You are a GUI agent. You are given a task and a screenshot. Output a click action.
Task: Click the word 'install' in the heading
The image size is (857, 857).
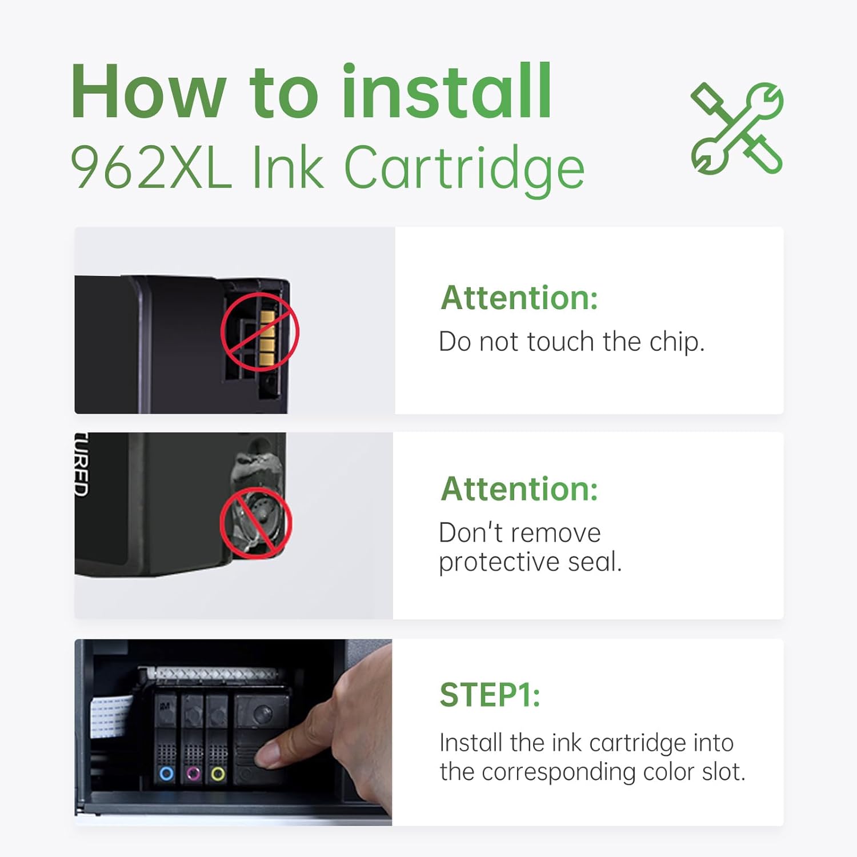click(446, 93)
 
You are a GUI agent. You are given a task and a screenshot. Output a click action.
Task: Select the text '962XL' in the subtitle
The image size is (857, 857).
click(151, 168)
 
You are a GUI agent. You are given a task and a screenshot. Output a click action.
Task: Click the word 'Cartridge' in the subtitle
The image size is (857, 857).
click(464, 168)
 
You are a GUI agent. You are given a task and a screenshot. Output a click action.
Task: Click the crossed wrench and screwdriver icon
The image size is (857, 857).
click(736, 128)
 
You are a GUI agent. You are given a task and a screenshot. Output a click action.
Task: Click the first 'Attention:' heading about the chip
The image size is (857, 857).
click(519, 298)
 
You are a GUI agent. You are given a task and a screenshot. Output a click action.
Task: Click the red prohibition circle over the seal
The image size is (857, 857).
click(256, 522)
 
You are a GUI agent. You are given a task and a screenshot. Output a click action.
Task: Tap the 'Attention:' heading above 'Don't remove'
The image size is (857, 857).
click(519, 490)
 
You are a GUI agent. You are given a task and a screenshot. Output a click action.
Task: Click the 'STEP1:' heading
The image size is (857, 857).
click(490, 695)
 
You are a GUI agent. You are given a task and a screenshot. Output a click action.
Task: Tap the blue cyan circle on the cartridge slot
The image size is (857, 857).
click(166, 774)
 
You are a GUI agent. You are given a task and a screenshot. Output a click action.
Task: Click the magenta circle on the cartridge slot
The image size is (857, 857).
click(193, 774)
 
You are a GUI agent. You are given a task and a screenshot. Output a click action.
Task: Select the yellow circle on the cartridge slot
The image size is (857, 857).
click(218, 774)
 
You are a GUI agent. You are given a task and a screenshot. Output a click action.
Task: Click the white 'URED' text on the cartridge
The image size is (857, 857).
click(82, 464)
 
